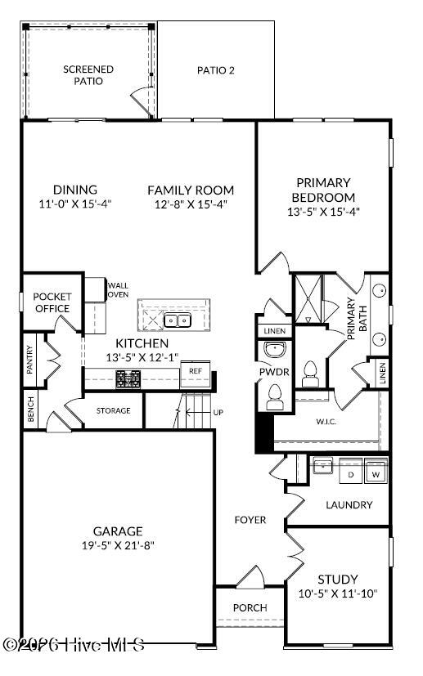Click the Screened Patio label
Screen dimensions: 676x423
point(88,75)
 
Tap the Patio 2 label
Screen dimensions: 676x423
point(216,70)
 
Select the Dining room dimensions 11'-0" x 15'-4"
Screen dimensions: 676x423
point(74,204)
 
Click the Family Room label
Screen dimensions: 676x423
point(191,190)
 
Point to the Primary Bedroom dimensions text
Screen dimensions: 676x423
point(324,212)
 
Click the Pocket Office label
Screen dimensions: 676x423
point(52,302)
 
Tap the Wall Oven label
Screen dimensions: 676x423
point(119,289)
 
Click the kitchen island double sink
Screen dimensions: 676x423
point(177,320)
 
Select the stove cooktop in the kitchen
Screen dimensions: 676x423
point(127,378)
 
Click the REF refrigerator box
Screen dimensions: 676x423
point(195,371)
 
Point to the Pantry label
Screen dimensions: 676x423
point(30,359)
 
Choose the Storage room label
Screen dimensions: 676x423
point(114,410)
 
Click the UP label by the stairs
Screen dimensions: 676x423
point(218,413)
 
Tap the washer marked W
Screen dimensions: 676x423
point(376,473)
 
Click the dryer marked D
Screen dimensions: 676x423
point(351,473)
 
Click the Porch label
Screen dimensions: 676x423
point(250,607)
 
